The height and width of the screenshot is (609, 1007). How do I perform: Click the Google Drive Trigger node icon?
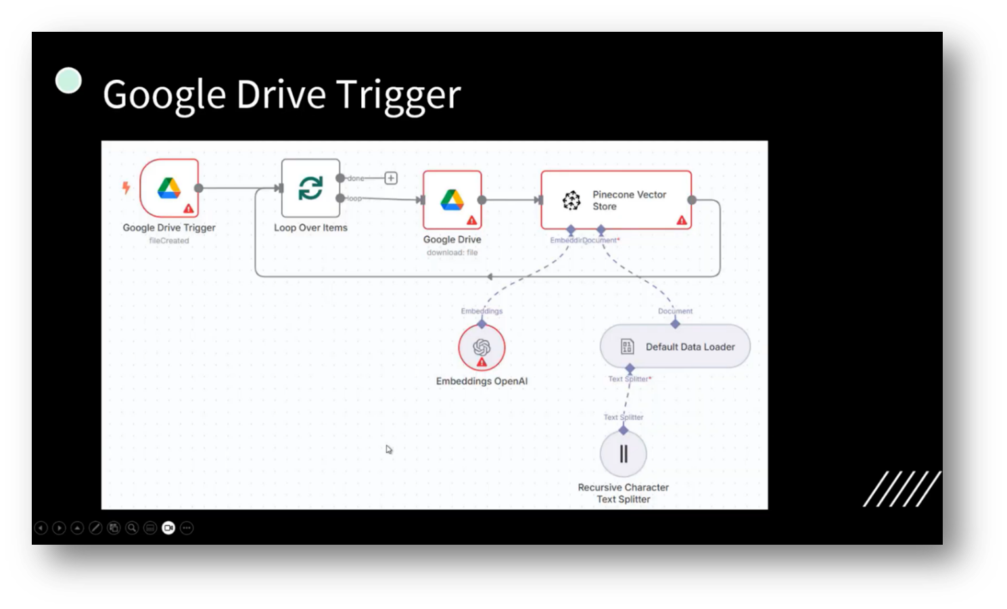169,188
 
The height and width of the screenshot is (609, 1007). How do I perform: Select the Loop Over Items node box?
310,188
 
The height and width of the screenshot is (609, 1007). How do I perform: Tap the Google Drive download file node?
452,200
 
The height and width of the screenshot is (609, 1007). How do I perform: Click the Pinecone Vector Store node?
615,200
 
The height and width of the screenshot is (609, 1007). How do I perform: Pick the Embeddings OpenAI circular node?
482,347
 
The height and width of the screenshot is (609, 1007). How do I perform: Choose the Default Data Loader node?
675,346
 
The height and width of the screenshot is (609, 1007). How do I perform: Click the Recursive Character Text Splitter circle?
623,453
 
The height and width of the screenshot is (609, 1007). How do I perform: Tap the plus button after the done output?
391,178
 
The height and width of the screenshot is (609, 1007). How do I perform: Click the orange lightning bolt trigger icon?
126,187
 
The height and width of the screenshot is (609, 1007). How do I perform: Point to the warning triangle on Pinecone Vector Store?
682,220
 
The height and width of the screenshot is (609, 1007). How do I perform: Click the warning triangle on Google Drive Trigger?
189,208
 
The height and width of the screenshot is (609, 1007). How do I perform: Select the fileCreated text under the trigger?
169,240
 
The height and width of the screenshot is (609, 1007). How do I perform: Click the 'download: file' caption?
452,252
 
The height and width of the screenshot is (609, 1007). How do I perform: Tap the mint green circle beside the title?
68,81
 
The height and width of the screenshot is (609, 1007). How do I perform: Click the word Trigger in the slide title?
398,94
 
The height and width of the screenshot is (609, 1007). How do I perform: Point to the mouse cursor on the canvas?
388,449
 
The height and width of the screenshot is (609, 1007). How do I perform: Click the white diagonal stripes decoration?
901,489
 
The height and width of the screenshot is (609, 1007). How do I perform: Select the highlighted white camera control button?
168,528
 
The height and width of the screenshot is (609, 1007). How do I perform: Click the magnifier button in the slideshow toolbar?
132,528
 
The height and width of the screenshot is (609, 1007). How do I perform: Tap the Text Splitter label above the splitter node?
623,417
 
